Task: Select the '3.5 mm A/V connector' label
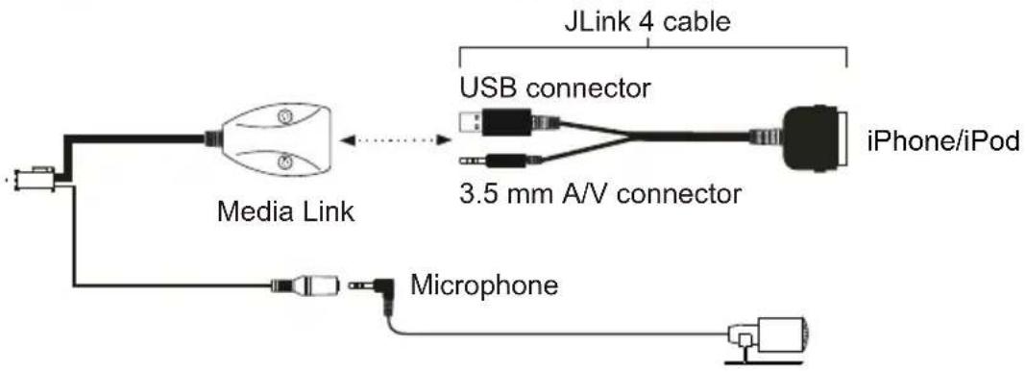click(598, 195)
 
